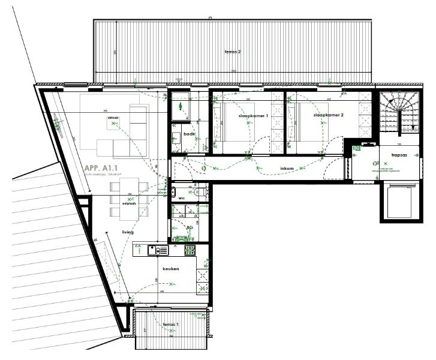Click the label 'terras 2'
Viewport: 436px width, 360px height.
click(x=232, y=52)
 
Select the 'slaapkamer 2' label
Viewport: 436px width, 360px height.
click(x=328, y=114)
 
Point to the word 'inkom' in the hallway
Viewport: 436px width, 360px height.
click(x=287, y=169)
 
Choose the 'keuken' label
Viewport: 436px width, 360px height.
click(x=171, y=269)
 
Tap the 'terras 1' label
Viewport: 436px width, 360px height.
click(x=171, y=325)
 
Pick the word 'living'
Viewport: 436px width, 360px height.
click(x=127, y=232)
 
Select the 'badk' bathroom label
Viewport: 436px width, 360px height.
click(x=190, y=134)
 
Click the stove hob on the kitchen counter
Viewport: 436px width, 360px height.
click(x=190, y=250)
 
